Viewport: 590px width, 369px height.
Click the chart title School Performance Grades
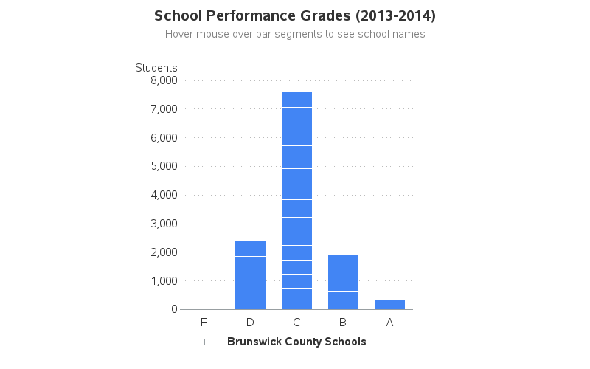coord(295,15)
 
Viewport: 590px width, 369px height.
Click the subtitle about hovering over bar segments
coord(295,34)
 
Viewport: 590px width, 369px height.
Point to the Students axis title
coord(156,68)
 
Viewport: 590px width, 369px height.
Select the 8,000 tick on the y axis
coord(164,80)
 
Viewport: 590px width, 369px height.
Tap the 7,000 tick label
coord(164,109)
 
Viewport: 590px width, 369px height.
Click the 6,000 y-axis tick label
coord(164,138)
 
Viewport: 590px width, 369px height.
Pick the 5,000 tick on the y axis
coord(164,166)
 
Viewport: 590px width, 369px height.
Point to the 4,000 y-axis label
coord(164,195)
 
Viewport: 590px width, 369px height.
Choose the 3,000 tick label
coord(164,224)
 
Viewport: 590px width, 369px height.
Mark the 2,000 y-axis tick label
coord(164,252)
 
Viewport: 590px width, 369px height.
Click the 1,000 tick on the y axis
coord(164,281)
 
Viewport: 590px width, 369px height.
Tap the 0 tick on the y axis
coord(174,309)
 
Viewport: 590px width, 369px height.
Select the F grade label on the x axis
coord(204,323)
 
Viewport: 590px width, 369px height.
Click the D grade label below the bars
coord(250,323)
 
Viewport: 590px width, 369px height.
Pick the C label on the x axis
coord(296,323)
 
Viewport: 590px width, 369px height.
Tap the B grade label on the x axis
coord(343,323)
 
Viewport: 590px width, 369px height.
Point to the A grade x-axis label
coord(389,323)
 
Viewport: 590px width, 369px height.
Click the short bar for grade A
coord(389,305)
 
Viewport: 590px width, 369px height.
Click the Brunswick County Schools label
coord(296,342)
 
